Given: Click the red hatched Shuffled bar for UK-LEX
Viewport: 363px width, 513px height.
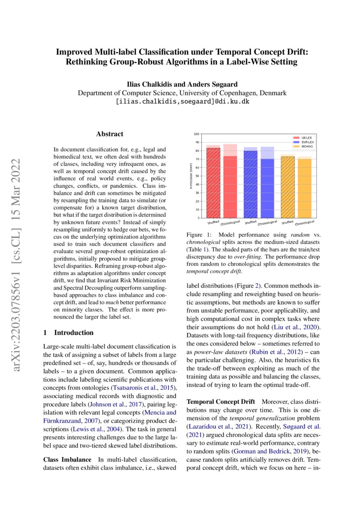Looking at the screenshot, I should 213,182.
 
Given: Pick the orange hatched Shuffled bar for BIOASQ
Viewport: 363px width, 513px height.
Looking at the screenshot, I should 288,187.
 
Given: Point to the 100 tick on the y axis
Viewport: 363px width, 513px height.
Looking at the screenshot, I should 196,134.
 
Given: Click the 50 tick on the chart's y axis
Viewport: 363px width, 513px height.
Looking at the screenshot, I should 197,176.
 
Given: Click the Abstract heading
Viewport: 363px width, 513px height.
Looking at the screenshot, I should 110,134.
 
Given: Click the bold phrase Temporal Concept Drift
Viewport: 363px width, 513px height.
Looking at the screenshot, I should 221,402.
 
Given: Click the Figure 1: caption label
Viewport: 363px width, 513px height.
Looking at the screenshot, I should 199,235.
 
